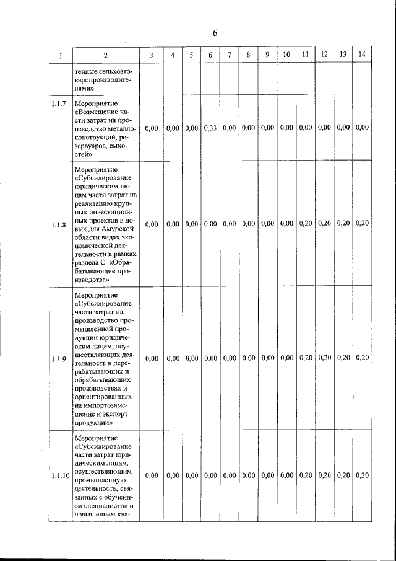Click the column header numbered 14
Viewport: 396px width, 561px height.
[362, 55]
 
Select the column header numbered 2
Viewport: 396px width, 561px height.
[105, 55]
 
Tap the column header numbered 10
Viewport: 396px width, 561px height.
[286, 55]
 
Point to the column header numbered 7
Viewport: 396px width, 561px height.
[229, 55]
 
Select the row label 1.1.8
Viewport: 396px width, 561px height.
[60, 224]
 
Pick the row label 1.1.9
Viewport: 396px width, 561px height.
[60, 358]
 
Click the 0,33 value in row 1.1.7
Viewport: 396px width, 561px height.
[210, 128]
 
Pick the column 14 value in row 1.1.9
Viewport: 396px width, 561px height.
[362, 358]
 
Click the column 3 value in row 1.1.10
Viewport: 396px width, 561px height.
[152, 475]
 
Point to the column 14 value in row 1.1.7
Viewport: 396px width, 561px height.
[362, 128]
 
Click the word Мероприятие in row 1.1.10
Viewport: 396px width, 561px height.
[95, 438]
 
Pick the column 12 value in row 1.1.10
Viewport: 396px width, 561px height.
[324, 475]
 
